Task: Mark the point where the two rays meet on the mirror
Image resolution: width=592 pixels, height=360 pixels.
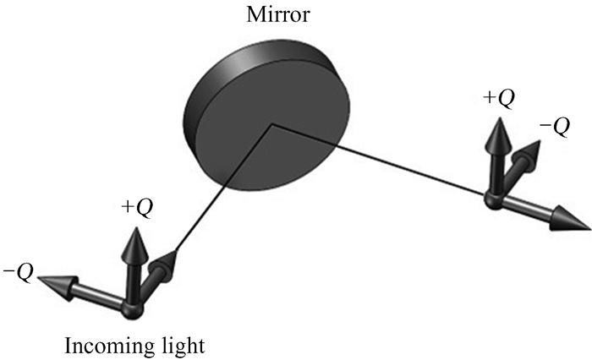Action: click(x=271, y=124)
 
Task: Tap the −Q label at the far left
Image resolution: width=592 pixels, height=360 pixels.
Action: click(x=18, y=270)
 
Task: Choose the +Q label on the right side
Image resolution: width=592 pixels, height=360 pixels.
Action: click(x=498, y=98)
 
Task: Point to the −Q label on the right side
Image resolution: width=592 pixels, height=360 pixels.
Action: click(x=554, y=126)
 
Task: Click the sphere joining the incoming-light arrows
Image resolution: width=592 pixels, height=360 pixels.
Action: click(x=133, y=310)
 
